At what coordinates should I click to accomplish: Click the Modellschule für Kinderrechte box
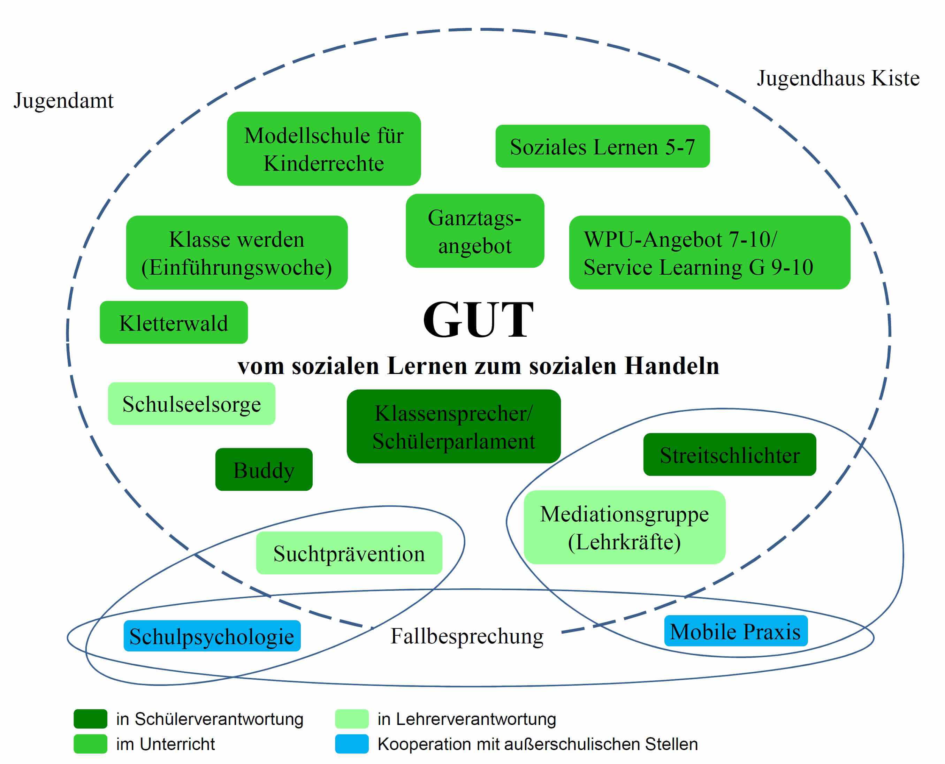323,149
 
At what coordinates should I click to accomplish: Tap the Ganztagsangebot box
474,231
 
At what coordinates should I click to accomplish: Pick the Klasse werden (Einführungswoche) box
237,252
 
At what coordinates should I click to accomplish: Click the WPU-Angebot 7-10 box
709,252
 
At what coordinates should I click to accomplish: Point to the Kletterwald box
174,322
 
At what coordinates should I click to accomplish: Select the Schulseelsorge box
191,403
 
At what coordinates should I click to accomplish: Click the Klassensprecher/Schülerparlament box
454,426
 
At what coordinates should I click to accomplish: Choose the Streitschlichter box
729,454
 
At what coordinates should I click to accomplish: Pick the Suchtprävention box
349,553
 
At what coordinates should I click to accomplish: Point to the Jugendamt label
63,100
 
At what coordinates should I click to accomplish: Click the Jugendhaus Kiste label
838,78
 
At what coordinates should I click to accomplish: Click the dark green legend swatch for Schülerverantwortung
90,719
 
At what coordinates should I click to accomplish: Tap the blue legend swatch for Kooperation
351,744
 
